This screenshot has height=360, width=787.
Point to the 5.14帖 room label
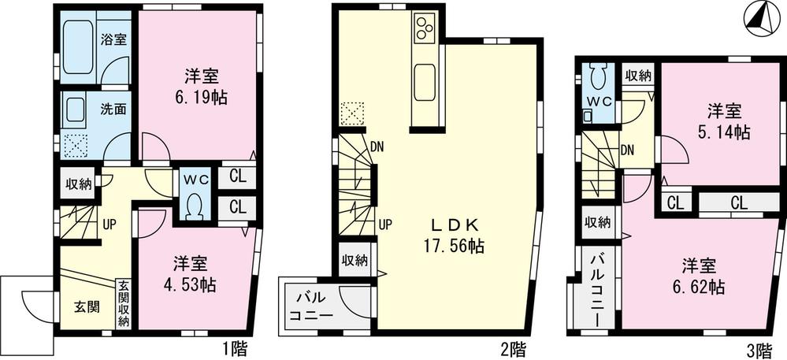tap(727, 122)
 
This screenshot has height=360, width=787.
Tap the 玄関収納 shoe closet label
tap(124, 303)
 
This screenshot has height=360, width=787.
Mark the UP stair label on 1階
tap(110, 223)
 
